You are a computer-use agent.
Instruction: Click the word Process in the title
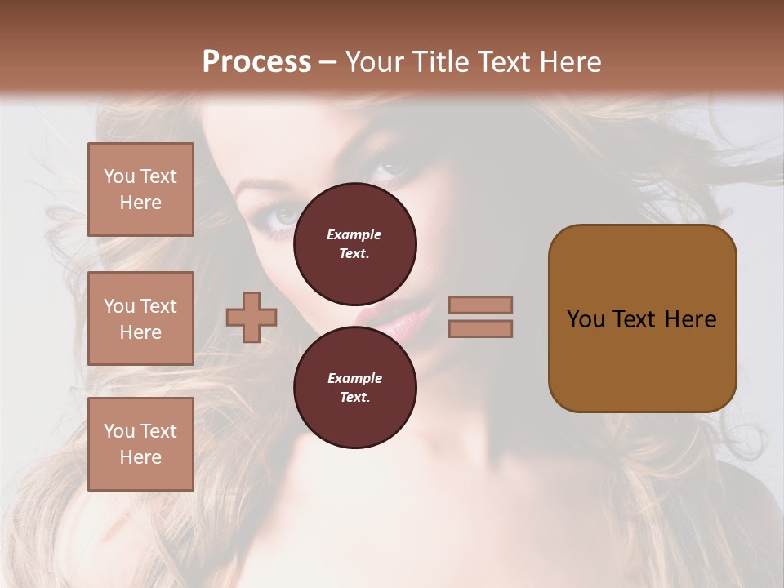[256, 62]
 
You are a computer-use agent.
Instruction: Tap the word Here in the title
[569, 62]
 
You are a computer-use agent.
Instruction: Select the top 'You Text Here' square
[140, 189]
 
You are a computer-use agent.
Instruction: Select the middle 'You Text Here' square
[140, 318]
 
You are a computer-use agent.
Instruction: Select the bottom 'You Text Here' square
[140, 443]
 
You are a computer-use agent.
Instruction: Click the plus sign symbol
[252, 317]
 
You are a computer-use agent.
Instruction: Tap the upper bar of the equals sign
[480, 305]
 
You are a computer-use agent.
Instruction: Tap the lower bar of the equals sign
[480, 328]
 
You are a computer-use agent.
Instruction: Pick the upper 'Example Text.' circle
[355, 243]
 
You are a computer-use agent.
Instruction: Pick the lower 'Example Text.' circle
[355, 387]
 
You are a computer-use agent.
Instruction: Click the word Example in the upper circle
[354, 234]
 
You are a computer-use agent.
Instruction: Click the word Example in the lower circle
[354, 378]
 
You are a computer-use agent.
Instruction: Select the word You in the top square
[119, 176]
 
